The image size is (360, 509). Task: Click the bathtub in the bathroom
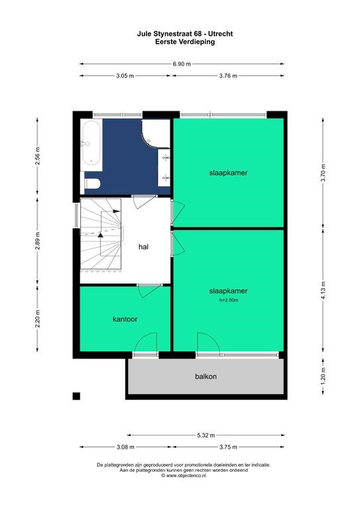pyautogui.click(x=91, y=144)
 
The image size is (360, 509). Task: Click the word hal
pyautogui.click(x=143, y=247)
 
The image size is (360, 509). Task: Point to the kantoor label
pyautogui.click(x=125, y=319)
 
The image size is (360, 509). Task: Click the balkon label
pyautogui.click(x=206, y=376)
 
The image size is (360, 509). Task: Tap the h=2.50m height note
pyautogui.click(x=229, y=300)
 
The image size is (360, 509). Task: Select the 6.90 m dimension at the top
pyautogui.click(x=182, y=64)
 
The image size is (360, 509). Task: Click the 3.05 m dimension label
pyautogui.click(x=125, y=76)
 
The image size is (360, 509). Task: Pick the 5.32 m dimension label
pyautogui.click(x=206, y=435)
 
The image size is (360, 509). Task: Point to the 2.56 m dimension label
pyautogui.click(x=38, y=156)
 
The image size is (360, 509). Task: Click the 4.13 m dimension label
pyautogui.click(x=324, y=291)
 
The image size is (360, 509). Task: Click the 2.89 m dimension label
pyautogui.click(x=38, y=241)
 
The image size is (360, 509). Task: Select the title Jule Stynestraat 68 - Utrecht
pyautogui.click(x=185, y=34)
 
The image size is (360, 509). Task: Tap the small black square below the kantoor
pyautogui.click(x=76, y=396)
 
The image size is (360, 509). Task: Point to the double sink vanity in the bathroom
pyautogui.click(x=164, y=168)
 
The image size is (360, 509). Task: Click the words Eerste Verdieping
pyautogui.click(x=185, y=42)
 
